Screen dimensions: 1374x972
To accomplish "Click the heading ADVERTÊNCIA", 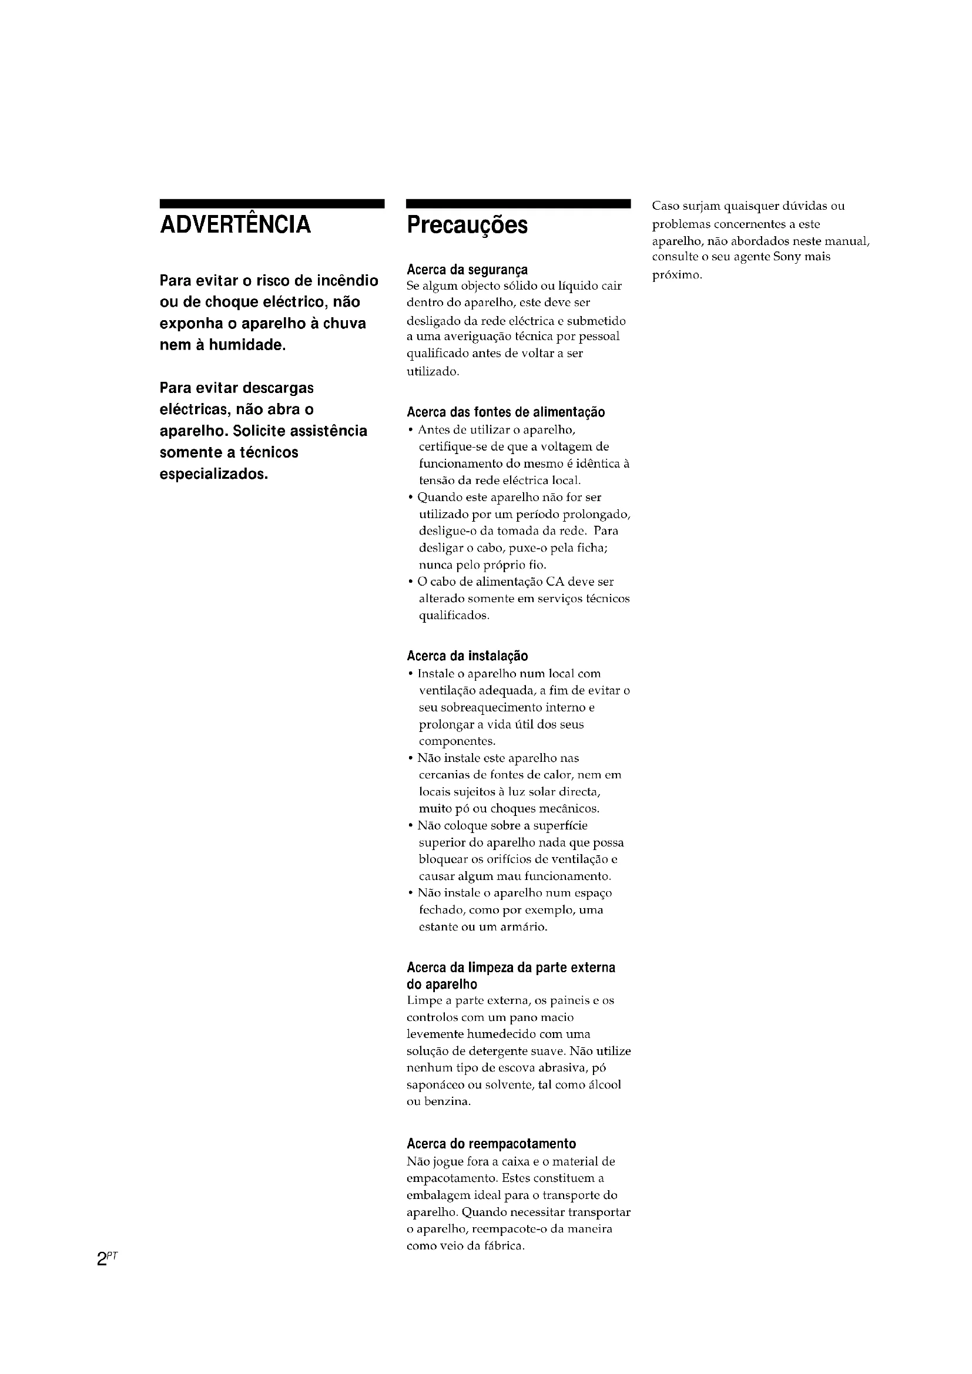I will tap(235, 225).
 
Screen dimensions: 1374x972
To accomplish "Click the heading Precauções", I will tap(467, 226).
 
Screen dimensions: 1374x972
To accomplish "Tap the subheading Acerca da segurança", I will tap(467, 269).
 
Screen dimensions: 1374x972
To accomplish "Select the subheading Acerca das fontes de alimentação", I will tap(506, 412).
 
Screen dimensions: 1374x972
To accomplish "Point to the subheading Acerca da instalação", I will tap(467, 656).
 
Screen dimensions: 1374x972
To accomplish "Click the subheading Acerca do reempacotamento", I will tap(491, 1144).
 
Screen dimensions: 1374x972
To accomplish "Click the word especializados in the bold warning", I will tap(214, 474).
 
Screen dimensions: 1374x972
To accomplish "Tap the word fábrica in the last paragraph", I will tap(506, 1246).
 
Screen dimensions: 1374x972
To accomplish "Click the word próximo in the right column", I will tap(676, 276).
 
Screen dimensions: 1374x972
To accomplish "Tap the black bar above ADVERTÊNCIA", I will tap(272, 204).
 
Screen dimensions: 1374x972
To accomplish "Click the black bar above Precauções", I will tap(518, 204).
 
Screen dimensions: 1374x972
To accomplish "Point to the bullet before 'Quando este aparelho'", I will tap(410, 498).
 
